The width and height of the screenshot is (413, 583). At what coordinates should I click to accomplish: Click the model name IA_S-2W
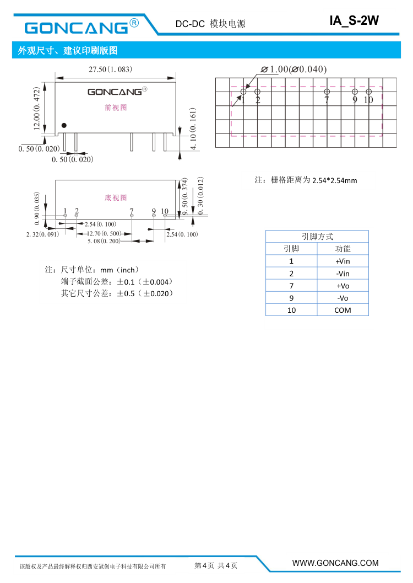pos(354,20)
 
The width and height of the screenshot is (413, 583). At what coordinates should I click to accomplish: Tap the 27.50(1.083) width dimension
pos(110,69)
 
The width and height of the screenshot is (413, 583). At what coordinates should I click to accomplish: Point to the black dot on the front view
pos(64,125)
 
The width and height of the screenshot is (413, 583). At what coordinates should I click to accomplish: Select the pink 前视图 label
pos(116,108)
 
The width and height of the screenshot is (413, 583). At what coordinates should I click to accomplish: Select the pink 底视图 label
pos(116,197)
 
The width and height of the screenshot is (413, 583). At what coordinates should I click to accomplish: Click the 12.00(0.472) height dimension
pos(36,108)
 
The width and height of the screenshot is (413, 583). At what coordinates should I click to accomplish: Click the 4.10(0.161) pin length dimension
pos(193,129)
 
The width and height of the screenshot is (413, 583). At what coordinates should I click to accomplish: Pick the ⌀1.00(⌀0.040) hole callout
pos(294,69)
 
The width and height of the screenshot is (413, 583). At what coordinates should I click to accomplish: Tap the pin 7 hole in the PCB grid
pos(327,92)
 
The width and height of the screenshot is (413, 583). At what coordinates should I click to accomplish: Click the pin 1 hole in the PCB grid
pos(243,92)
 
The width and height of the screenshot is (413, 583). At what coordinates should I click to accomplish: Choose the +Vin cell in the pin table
pos(343,261)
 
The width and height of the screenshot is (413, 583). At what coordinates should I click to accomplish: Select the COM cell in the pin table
pos(343,310)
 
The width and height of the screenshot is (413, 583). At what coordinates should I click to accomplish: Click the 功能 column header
pos(343,249)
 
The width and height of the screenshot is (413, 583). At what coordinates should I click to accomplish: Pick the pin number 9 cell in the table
pos(291,298)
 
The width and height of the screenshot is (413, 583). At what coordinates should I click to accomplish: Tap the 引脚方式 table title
pos(317,237)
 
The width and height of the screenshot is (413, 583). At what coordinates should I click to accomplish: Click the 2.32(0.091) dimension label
pos(42,234)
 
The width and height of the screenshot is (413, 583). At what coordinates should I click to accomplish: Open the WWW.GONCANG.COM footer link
pos(335,563)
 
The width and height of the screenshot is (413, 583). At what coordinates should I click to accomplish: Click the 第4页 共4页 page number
pos(216,565)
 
